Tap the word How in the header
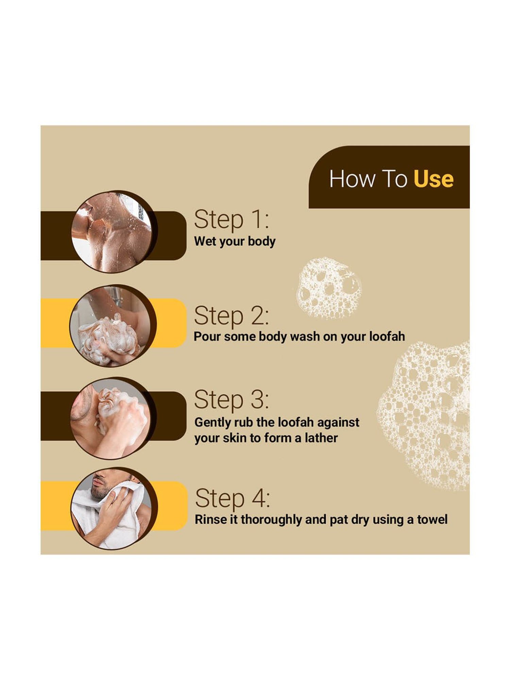coord(351,179)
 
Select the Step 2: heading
coord(231,316)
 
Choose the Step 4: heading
coord(233,498)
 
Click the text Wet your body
coord(235,241)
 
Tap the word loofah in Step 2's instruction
coord(387,336)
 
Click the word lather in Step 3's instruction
coord(321,438)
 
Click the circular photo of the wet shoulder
coord(112,232)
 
